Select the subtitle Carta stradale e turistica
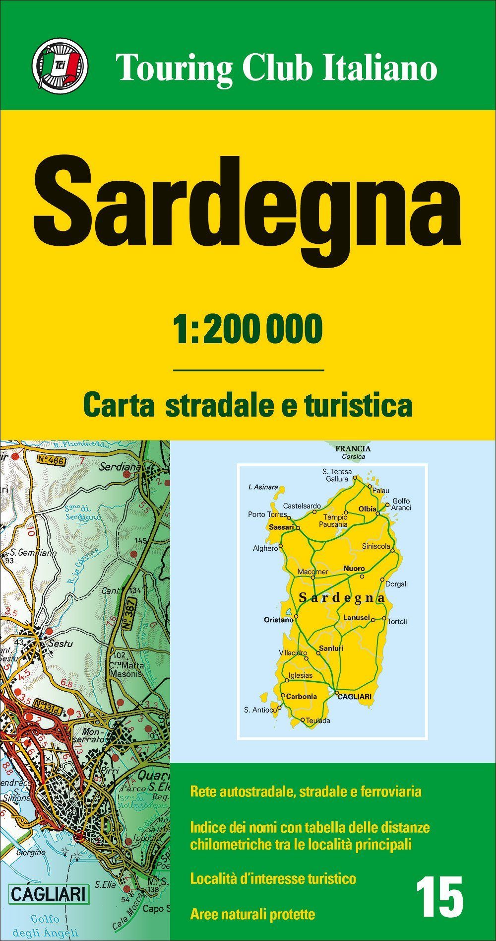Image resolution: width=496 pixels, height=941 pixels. [248, 405]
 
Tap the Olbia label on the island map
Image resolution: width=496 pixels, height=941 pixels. [368, 509]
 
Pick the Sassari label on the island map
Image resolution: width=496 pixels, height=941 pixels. [281, 527]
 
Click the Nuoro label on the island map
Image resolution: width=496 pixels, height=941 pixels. [354, 568]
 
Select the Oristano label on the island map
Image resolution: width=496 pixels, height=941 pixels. [279, 620]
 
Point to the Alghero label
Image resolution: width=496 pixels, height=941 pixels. [265, 548]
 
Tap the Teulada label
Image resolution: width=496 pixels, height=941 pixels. [318, 721]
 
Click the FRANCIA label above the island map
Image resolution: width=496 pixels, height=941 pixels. [353, 448]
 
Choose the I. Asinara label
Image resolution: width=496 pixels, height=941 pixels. [263, 487]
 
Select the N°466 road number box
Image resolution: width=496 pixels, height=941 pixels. [51, 460]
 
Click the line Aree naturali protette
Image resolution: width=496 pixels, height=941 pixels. [252, 914]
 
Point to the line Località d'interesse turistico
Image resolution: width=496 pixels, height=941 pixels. [273, 878]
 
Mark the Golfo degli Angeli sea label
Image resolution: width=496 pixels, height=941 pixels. [45, 925]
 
